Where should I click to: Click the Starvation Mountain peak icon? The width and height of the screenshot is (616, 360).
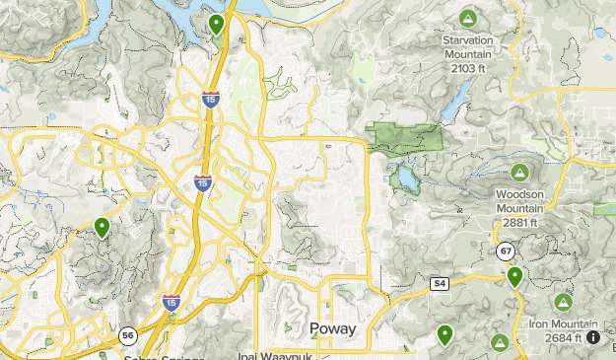coord(467,18)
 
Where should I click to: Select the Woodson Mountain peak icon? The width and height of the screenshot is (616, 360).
coord(518,173)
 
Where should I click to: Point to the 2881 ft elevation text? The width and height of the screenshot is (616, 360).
coord(519,222)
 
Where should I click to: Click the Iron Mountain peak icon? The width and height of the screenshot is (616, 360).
coord(563,301)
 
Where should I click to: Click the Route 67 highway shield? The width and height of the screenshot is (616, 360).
coord(506,252)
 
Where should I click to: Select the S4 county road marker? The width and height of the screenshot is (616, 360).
coord(440,284)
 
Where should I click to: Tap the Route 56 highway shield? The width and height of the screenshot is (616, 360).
coord(128,336)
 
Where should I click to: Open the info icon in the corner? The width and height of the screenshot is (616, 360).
coord(596,337)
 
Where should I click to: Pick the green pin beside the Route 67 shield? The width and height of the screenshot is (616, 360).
coord(514,276)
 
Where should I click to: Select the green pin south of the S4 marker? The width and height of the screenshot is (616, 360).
coord(445,335)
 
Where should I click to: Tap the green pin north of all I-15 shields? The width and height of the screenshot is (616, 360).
coord(217,24)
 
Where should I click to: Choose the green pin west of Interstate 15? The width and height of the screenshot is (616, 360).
coord(102,228)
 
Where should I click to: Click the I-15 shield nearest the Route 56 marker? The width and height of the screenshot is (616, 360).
coord(171,302)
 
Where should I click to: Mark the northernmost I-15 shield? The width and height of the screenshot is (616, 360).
coord(210,99)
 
